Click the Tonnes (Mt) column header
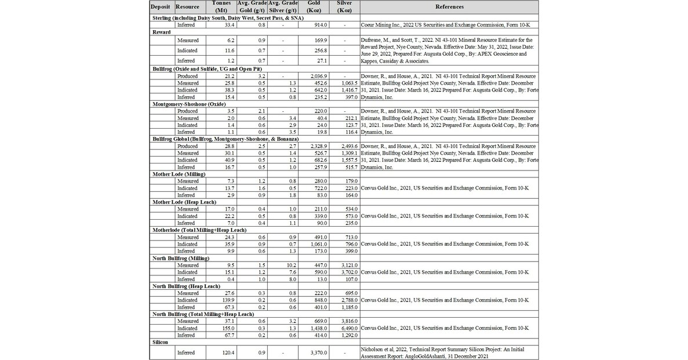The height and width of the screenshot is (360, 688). (221, 7)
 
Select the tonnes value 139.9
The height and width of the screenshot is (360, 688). (227, 300)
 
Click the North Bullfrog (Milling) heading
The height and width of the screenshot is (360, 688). (185, 258)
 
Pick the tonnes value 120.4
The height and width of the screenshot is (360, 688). (227, 352)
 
